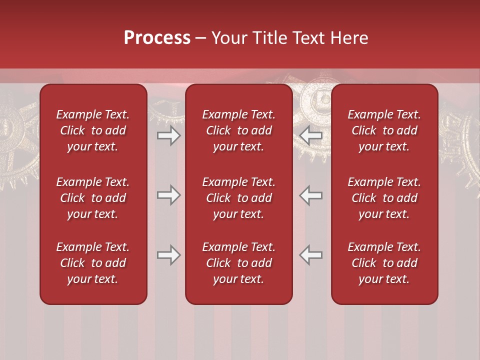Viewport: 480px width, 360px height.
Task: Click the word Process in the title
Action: pos(157,38)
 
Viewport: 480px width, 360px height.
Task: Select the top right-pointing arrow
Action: pos(168,135)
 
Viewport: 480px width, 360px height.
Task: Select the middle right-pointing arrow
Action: pos(168,195)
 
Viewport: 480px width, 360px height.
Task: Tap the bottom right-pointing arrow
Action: pos(168,255)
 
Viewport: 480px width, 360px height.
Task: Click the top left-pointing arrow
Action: pos(311,135)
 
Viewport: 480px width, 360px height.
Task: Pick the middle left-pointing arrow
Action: pos(311,195)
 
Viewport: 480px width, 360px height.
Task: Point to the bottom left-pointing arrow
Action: pos(311,255)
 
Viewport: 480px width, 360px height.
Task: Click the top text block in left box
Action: pos(93,130)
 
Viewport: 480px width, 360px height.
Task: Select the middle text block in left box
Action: pos(93,198)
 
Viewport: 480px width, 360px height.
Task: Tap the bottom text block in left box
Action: pos(93,263)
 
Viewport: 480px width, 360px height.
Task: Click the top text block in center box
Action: pos(238,130)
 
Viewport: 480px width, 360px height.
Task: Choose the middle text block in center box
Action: pos(238,198)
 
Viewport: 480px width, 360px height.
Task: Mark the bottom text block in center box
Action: pos(238,263)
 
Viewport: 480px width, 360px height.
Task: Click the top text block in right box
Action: pos(384,130)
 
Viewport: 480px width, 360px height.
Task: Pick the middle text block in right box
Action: pos(384,198)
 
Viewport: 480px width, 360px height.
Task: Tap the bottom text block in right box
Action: pos(384,263)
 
